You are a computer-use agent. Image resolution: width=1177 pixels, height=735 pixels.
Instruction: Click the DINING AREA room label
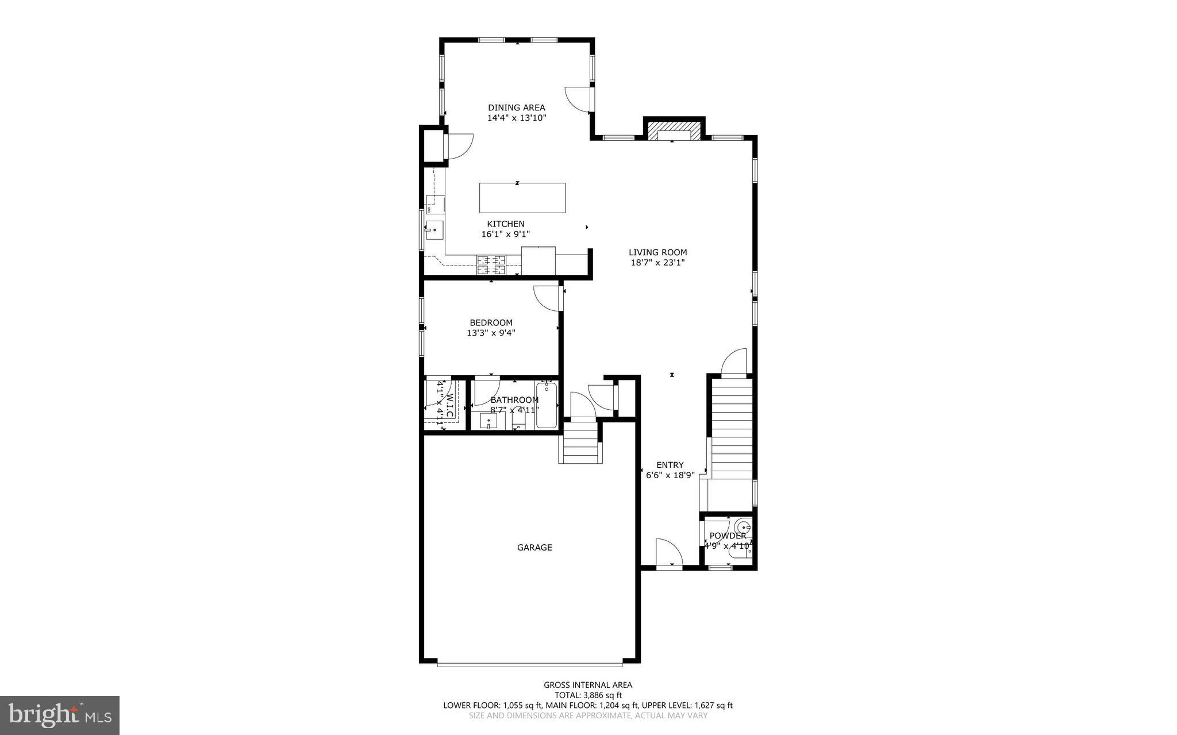pos(516,107)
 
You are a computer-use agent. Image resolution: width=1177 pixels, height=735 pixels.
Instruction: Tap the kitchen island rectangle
pos(522,198)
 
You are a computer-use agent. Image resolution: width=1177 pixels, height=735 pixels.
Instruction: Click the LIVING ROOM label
pos(657,252)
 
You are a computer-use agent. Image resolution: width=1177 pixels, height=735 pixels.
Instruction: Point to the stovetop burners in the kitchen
pos(491,265)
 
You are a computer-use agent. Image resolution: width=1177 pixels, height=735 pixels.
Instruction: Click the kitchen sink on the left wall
pos(434,230)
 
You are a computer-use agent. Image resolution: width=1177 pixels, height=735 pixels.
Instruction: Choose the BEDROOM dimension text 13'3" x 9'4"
pos(491,333)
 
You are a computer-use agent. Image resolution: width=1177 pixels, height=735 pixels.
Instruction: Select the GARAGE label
pos(534,548)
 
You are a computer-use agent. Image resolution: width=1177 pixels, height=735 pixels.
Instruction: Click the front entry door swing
pos(668,553)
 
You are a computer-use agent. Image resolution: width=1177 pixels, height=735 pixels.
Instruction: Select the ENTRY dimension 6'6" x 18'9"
pos(670,475)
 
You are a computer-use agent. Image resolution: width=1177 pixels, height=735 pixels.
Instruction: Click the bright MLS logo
pos(60,714)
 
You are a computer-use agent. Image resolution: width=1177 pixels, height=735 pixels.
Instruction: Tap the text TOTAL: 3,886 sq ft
pos(588,695)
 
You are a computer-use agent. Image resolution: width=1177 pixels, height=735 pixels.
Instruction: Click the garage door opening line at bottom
pos(529,665)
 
